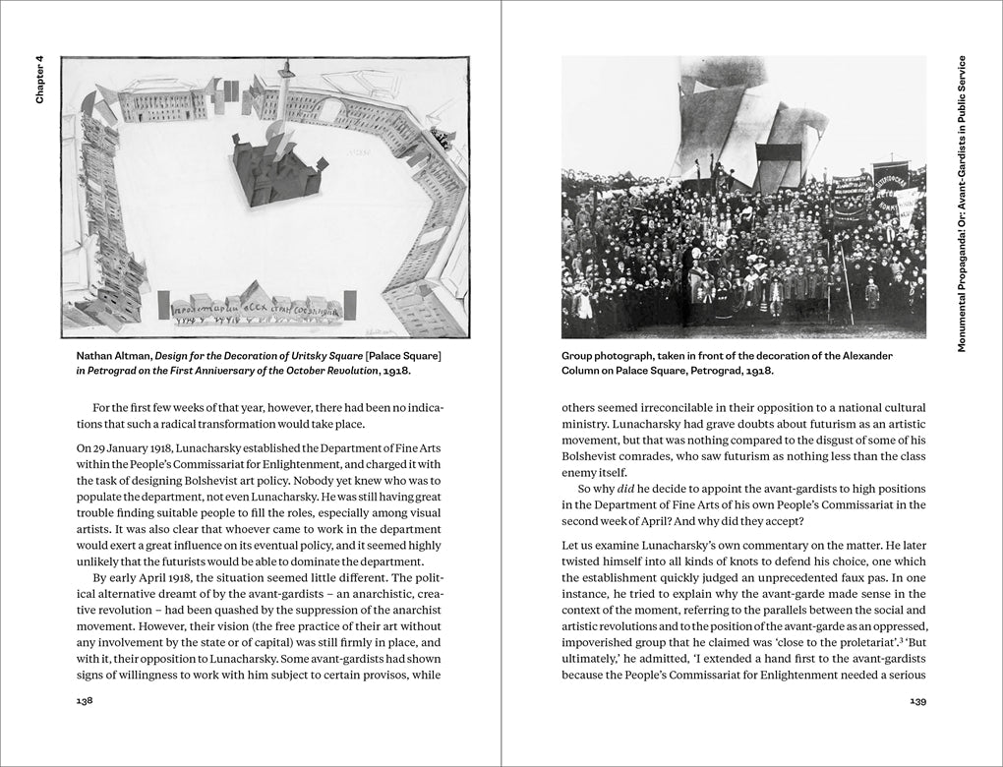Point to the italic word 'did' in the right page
pos(620,489)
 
